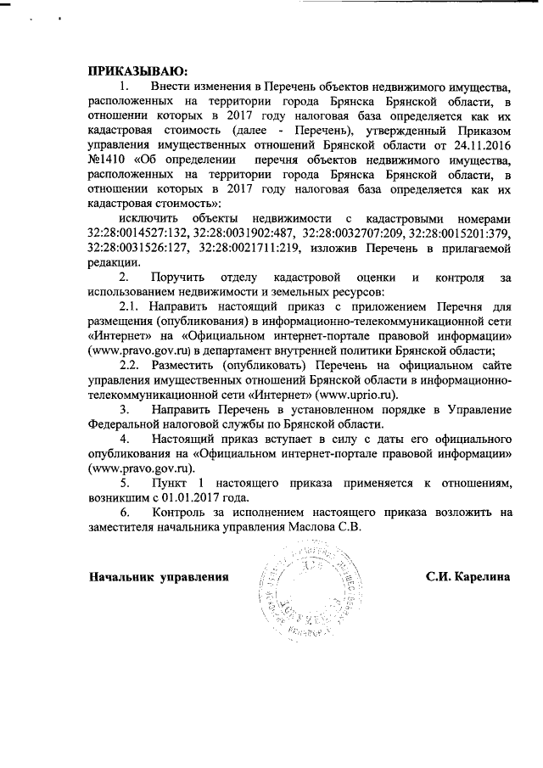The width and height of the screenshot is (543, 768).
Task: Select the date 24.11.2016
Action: point(480,143)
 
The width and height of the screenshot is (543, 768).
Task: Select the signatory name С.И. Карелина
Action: point(467,577)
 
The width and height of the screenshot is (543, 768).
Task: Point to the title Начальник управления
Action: point(160,577)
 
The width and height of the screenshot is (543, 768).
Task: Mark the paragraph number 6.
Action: point(124,512)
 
